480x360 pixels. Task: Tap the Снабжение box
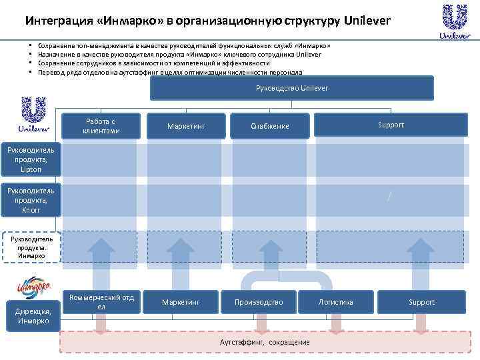(x=270, y=125)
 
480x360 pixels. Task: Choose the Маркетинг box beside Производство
(x=180, y=302)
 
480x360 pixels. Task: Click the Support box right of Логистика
(x=421, y=302)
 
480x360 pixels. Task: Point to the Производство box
(x=259, y=302)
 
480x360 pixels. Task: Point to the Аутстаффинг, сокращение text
(x=265, y=342)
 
